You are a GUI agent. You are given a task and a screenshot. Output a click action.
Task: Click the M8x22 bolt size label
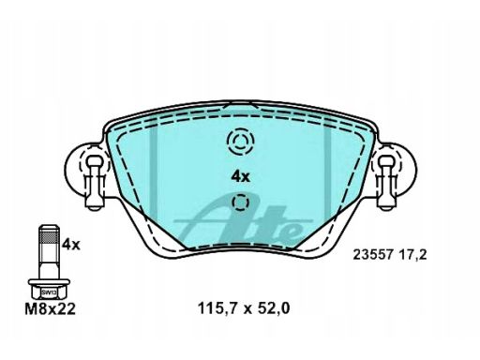click(51, 309)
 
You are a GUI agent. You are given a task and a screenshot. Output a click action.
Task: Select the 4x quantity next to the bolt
click(71, 245)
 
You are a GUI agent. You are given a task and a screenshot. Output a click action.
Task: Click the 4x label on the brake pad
click(241, 177)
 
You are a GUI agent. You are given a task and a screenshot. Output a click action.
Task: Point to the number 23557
click(373, 255)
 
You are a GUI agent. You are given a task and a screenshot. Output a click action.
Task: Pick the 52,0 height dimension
click(273, 308)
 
